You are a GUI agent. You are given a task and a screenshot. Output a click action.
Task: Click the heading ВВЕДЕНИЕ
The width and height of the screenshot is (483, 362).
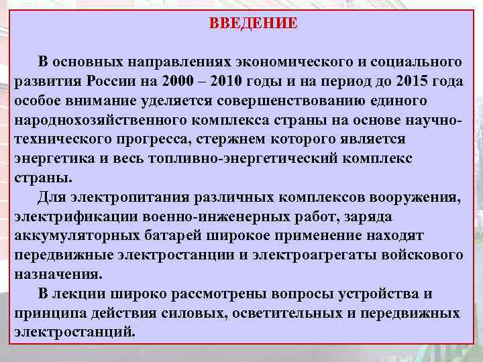pyautogui.click(x=253, y=23)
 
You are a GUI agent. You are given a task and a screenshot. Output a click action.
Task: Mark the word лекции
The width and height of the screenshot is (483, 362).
pyautogui.click(x=76, y=294)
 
